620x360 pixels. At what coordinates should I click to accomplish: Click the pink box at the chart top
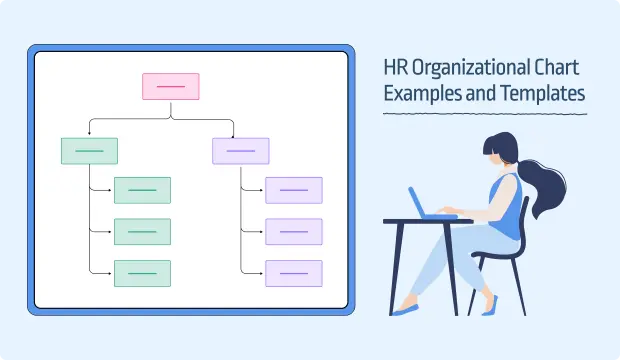170,86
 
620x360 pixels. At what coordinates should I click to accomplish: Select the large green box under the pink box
89,151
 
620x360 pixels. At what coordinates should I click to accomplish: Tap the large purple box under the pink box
241,151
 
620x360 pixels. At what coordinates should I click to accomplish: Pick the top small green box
142,190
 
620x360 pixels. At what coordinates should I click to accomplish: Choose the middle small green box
142,231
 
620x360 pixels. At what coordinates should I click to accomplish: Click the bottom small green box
142,273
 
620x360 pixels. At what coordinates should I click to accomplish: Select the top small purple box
294,190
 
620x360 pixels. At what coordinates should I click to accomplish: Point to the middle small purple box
294,231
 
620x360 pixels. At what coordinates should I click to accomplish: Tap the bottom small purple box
294,273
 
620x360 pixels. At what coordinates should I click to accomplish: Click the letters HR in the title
397,70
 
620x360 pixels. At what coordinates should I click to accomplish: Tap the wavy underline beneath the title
485,115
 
